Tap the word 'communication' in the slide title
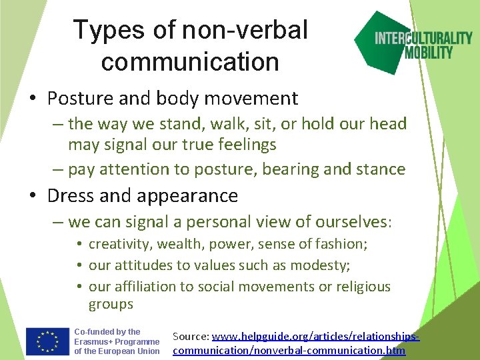190,61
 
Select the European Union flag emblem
47,341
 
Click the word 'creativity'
119,244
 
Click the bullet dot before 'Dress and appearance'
33,197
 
